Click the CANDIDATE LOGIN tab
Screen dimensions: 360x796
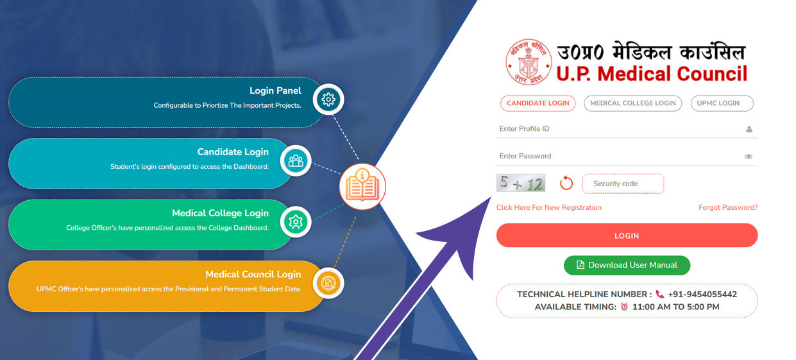click(538, 103)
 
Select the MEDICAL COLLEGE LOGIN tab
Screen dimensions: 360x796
click(632, 103)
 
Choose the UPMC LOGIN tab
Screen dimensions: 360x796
click(722, 103)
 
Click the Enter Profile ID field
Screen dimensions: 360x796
click(616, 129)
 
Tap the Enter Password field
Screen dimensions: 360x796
click(616, 156)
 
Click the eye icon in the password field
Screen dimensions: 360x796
click(748, 157)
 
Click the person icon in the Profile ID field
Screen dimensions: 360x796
click(749, 130)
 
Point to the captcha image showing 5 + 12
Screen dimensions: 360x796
click(521, 183)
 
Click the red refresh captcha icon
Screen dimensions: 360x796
click(566, 183)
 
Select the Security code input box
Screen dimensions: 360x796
click(623, 184)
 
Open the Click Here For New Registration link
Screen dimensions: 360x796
click(549, 208)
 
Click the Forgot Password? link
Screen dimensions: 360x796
click(728, 208)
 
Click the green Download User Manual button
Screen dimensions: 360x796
click(627, 265)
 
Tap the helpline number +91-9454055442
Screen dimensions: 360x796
click(702, 295)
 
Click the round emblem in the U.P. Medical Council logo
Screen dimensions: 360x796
click(529, 62)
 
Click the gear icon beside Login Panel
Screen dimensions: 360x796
click(328, 99)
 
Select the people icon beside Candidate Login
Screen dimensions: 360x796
click(296, 161)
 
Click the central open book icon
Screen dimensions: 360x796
click(362, 187)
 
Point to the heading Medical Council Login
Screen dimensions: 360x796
click(253, 275)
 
